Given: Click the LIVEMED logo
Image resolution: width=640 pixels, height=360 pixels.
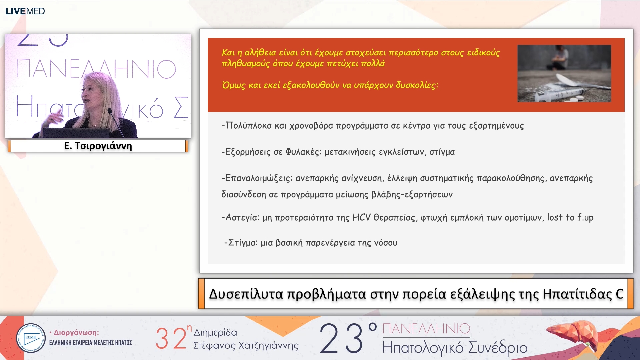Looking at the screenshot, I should (25, 11).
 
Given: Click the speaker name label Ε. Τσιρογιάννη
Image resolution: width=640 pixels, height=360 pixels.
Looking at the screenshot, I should (98, 146).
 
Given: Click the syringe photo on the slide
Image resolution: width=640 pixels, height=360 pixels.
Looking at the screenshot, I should (564, 73).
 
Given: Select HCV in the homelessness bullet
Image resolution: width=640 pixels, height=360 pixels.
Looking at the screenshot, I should (361, 218).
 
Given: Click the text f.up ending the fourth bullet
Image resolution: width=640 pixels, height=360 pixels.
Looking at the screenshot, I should (585, 218).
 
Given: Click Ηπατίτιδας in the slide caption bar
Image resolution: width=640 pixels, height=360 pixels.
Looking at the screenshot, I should (577, 294).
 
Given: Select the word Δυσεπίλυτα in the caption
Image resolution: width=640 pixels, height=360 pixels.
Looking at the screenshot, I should (246, 294).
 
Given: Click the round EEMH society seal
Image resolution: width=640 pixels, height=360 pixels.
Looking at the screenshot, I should (31, 338).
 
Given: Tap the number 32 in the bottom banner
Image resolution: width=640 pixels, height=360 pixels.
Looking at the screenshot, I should (171, 338).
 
